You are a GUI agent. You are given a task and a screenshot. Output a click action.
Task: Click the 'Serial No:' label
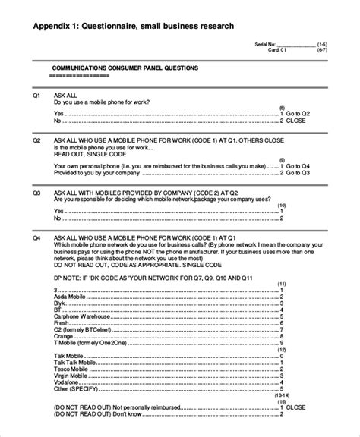pos(266,46)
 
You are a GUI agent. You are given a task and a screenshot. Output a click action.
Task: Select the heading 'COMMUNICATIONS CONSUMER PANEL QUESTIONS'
pos(124,68)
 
